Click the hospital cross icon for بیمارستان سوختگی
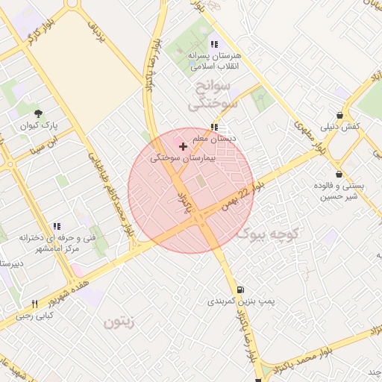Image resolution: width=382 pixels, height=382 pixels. (x=184, y=147)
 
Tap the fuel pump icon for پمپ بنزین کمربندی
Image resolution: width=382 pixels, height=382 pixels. (x=239, y=289)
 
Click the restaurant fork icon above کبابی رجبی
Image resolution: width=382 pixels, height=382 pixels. (x=34, y=304)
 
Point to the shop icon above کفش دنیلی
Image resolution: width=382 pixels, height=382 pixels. (x=340, y=116)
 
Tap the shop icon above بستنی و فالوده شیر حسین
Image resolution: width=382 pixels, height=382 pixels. (x=339, y=174)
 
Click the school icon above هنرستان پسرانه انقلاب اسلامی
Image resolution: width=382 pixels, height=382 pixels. (x=215, y=44)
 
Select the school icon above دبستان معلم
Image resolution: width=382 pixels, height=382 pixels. (x=215, y=127)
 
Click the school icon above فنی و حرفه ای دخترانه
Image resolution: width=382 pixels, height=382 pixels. (x=57, y=226)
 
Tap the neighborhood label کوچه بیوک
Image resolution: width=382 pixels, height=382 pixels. (x=267, y=234)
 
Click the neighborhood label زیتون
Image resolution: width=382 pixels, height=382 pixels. (x=118, y=322)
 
